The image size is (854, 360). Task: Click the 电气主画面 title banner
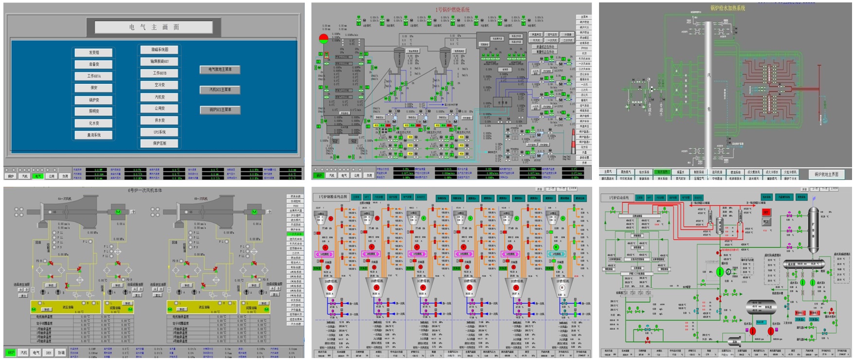click(x=154, y=27)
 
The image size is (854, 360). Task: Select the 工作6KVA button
click(x=93, y=76)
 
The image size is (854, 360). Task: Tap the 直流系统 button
click(x=93, y=135)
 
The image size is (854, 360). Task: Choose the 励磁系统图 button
click(x=159, y=50)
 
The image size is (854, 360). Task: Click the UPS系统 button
click(x=159, y=132)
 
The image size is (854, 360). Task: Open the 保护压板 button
click(x=159, y=144)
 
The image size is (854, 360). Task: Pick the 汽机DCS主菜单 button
click(x=220, y=90)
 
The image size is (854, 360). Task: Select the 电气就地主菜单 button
click(x=220, y=70)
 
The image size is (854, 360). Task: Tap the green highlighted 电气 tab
click(x=38, y=176)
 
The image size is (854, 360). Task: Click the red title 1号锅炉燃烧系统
click(x=452, y=10)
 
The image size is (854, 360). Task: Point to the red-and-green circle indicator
click(x=324, y=38)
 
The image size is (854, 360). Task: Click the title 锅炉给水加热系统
click(x=727, y=8)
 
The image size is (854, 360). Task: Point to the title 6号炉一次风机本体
click(x=145, y=190)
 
